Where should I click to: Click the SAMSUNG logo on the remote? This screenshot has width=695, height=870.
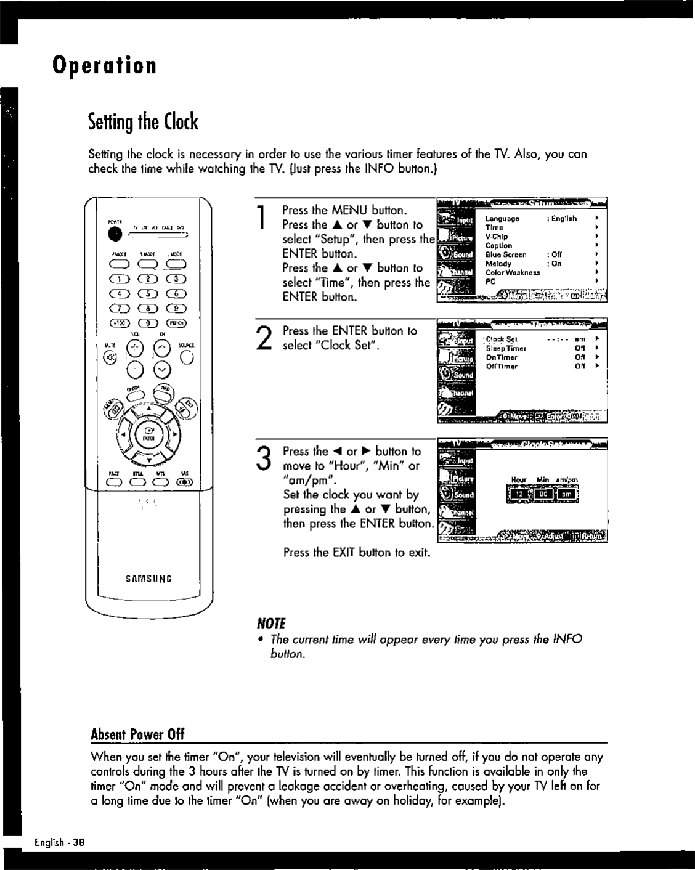click(x=148, y=579)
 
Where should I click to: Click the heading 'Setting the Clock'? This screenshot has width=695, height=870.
click(x=143, y=122)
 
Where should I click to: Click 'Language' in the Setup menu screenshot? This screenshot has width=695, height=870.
click(x=502, y=219)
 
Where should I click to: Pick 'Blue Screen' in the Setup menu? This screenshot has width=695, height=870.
click(x=506, y=254)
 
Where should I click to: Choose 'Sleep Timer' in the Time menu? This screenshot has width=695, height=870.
click(x=506, y=348)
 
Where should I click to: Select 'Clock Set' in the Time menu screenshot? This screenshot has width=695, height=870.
click(x=502, y=339)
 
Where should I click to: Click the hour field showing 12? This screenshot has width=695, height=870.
click(x=519, y=494)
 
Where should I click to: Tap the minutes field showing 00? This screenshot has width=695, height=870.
click(x=543, y=494)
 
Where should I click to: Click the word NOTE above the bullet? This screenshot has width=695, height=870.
click(x=259, y=622)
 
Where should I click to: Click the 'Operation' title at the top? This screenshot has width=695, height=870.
click(x=104, y=65)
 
